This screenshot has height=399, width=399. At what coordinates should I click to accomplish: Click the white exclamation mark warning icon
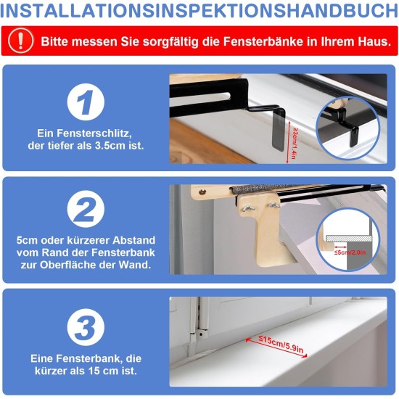(20, 41)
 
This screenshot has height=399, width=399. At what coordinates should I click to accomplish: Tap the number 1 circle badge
(86, 102)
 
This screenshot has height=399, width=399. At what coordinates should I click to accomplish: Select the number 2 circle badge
(86, 209)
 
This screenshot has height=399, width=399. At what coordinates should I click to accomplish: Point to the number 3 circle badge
(86, 327)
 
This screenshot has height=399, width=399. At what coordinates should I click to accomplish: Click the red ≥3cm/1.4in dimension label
(295, 143)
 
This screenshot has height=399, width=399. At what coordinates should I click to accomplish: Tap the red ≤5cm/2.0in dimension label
(350, 252)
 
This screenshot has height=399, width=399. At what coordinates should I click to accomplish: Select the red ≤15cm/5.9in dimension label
(281, 344)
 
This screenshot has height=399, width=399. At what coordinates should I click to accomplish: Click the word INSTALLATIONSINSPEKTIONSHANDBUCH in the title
(199, 11)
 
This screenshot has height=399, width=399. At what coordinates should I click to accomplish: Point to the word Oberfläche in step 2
(68, 265)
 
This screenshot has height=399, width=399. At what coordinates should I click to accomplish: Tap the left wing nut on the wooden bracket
(247, 208)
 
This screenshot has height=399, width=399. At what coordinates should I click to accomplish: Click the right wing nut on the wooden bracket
(274, 205)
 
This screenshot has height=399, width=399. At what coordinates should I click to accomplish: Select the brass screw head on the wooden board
(202, 192)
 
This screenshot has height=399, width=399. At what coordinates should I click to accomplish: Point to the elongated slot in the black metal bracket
(200, 96)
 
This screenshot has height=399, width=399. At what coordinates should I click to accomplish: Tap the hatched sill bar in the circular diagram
(348, 239)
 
